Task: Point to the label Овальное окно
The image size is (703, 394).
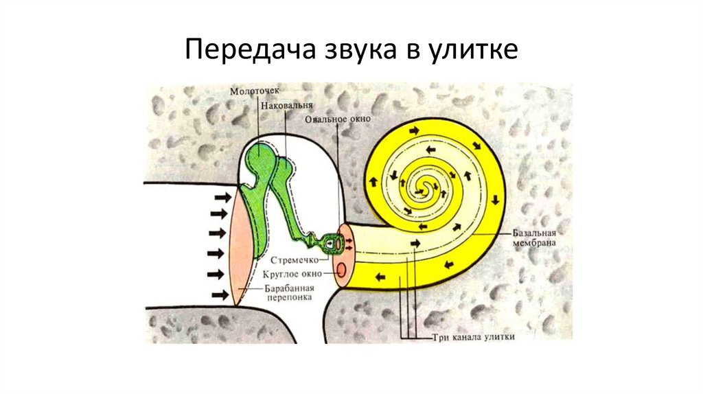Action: (x=338, y=119)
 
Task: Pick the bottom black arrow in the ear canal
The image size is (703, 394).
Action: (x=221, y=295)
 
